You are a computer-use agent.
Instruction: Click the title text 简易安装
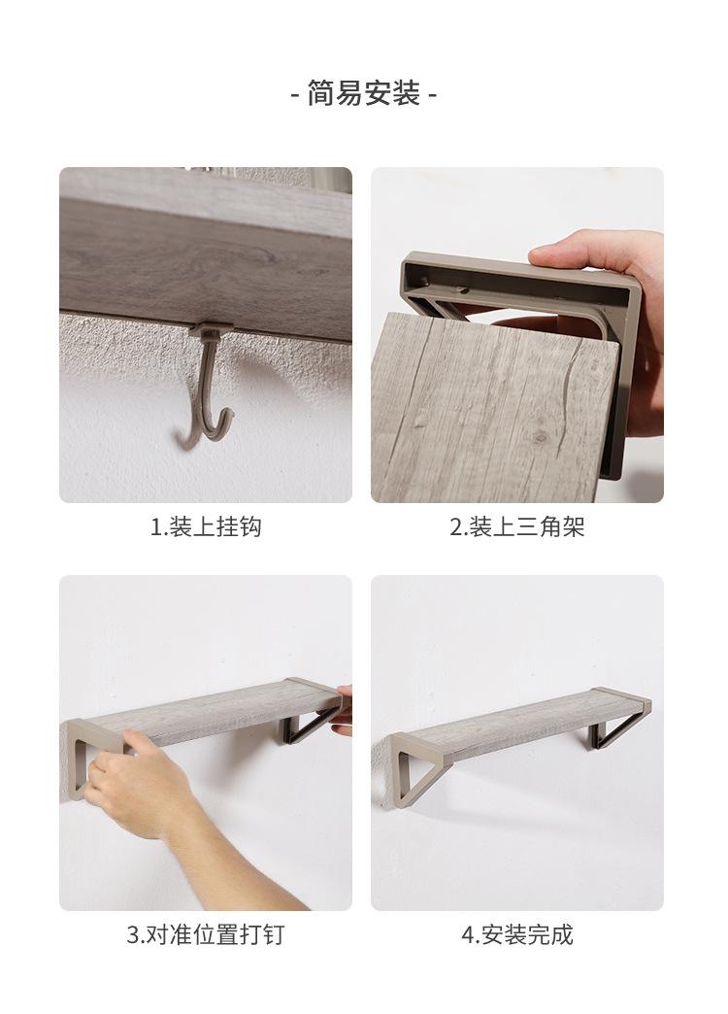[363, 94]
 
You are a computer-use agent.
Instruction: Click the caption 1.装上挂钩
[206, 526]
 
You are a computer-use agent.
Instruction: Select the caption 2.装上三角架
[516, 526]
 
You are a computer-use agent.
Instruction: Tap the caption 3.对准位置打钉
[206, 934]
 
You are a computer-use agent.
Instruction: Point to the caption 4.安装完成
[516, 934]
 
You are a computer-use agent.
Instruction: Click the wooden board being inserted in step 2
[491, 407]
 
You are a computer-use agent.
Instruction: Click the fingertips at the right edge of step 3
[344, 710]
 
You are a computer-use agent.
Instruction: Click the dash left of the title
[295, 96]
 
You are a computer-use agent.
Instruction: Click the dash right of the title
[432, 96]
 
